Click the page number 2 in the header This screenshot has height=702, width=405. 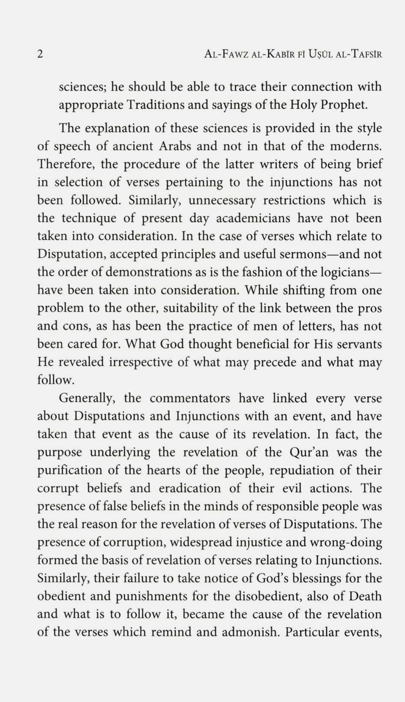[40, 54]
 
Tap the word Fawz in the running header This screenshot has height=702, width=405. [238, 54]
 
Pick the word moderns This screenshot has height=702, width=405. [356, 146]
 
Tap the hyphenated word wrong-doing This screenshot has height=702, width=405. [345, 542]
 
